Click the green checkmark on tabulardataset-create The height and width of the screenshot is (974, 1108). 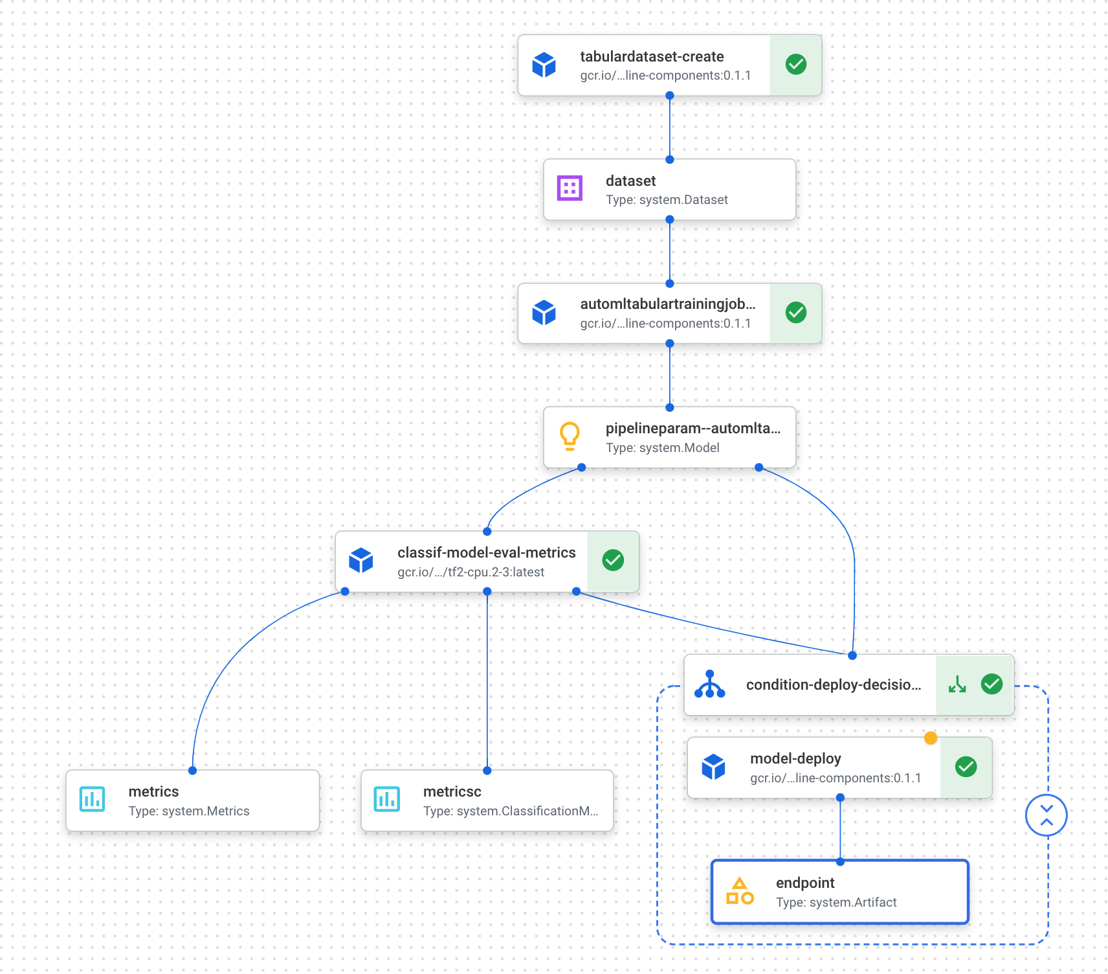pyautogui.click(x=795, y=65)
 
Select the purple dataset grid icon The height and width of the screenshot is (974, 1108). pyautogui.click(x=570, y=188)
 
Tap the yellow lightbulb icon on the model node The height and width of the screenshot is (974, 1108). pyautogui.click(x=570, y=436)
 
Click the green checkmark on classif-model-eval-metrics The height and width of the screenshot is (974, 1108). pyautogui.click(x=613, y=560)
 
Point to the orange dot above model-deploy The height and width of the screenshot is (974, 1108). pyautogui.click(x=931, y=738)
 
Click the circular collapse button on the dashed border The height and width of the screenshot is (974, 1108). pyautogui.click(x=1046, y=815)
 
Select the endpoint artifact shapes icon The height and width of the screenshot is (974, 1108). pyautogui.click(x=740, y=891)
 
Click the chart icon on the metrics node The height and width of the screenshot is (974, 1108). pyautogui.click(x=92, y=799)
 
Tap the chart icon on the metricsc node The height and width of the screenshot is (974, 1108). pyautogui.click(x=387, y=799)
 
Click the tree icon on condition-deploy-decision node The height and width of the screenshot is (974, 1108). pyautogui.click(x=709, y=685)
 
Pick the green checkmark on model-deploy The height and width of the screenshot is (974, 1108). pyautogui.click(x=966, y=767)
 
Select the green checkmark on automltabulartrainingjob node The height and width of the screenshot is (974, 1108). pyautogui.click(x=795, y=313)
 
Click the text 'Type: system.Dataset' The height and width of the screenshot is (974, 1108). pyautogui.click(x=667, y=200)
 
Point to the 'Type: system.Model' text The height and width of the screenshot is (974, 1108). pyautogui.click(x=662, y=447)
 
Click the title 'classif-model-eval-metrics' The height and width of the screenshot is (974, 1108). pyautogui.click(x=486, y=552)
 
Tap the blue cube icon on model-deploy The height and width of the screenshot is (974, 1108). pyautogui.click(x=713, y=767)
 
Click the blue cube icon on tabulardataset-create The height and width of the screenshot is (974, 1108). pyautogui.click(x=544, y=65)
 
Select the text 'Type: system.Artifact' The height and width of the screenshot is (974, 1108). pyautogui.click(x=836, y=902)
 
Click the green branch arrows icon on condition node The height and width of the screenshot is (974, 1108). pyautogui.click(x=957, y=685)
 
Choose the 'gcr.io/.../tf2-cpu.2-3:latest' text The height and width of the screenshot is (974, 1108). pyautogui.click(x=471, y=572)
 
